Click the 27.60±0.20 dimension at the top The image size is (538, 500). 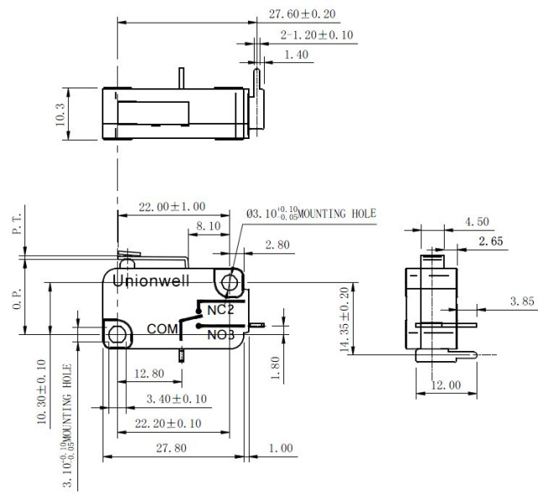point(302,14)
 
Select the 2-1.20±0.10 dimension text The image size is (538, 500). point(317,35)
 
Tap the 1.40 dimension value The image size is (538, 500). point(297,55)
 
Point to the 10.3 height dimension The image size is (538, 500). point(60,114)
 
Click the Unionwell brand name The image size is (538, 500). point(151,281)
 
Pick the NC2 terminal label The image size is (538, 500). point(220,310)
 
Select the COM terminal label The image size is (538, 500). point(162,329)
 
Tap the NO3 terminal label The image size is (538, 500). point(221,334)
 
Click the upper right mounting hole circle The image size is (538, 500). point(229,283)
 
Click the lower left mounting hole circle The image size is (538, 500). point(117,334)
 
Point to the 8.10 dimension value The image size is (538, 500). point(208,226)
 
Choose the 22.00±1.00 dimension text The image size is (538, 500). point(171,206)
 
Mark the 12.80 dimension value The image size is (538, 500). point(150,373)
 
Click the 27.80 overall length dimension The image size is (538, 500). point(171,448)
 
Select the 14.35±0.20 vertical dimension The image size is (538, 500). point(345,320)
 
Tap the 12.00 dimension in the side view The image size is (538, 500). point(446,385)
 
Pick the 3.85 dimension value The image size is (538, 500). point(522,301)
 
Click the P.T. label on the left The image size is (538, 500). point(17,223)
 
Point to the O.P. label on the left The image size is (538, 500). point(17,299)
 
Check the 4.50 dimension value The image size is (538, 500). point(477,221)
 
